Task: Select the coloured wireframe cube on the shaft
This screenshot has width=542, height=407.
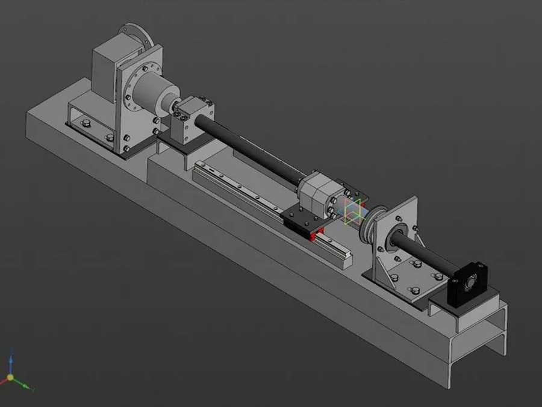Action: point(354,211)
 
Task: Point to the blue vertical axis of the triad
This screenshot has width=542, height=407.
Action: point(10,365)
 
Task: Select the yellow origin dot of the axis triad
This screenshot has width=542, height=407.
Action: point(10,378)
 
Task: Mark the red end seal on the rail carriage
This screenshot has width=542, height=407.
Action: point(313,237)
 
